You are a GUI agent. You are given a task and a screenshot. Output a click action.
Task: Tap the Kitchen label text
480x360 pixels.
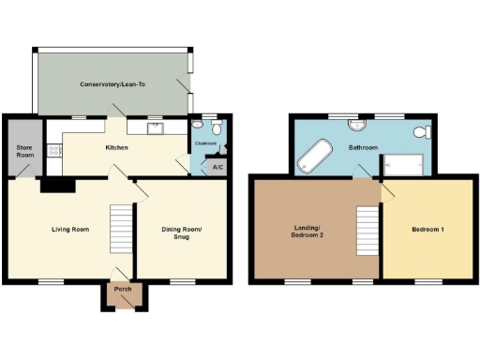tap(116, 147)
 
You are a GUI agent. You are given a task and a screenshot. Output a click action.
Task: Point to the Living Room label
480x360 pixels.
tap(69, 228)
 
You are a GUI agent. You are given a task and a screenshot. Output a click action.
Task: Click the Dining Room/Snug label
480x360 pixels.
tap(184, 233)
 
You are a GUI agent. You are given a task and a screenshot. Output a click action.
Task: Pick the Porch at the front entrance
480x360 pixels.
tap(123, 289)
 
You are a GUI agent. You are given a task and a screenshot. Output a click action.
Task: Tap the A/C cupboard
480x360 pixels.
tap(217, 168)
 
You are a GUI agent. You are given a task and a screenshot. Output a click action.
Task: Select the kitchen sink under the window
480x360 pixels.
tap(152, 127)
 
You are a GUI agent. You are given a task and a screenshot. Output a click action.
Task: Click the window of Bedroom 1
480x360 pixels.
tap(428, 280)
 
